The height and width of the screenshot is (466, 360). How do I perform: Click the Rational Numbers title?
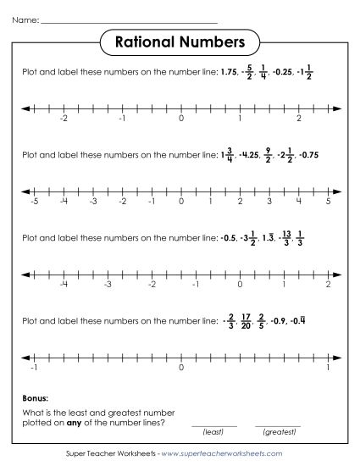tap(180, 42)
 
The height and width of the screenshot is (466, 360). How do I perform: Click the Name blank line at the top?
tap(128, 19)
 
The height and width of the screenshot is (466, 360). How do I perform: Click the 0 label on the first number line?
tap(180, 120)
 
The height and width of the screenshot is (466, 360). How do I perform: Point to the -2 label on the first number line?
tap(63, 120)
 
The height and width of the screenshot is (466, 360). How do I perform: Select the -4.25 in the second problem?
tap(249, 155)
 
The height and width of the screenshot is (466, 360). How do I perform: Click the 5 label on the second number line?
tap(328, 202)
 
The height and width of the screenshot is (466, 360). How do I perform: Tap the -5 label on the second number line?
tap(33, 202)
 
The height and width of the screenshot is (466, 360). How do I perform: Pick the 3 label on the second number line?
tap(269, 202)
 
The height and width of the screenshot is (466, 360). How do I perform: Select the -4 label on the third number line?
tap(64, 285)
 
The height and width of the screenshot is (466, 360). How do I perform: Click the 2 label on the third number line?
tap(328, 285)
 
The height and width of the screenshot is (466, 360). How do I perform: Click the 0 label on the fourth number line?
tap(180, 367)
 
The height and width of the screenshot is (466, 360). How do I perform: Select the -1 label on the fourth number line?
tap(33, 367)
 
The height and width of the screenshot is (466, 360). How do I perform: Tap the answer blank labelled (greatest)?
tap(277, 424)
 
